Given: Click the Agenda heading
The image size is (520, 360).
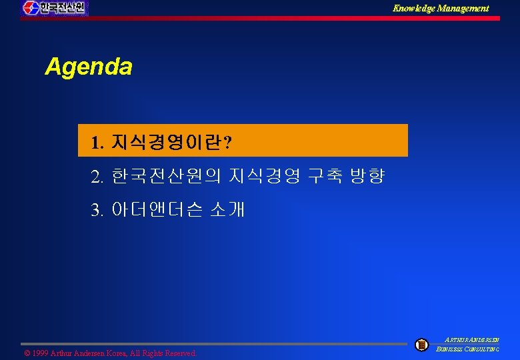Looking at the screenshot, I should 88,67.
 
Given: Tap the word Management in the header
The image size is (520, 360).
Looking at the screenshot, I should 465,8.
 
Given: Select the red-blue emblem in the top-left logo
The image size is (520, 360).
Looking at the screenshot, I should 31,8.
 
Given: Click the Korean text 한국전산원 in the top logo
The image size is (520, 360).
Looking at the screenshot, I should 62,8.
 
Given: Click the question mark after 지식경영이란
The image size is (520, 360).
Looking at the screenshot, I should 229,143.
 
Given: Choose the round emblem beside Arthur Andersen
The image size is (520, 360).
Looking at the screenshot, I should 421,345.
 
